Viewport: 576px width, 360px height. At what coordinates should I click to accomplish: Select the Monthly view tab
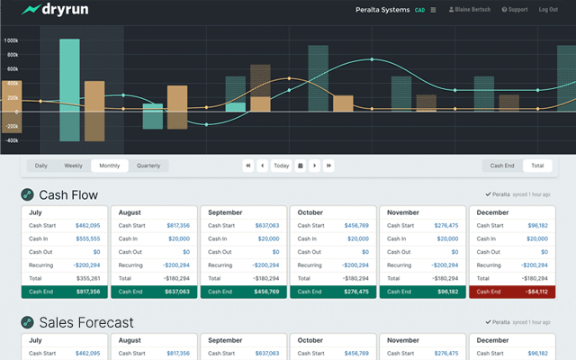109,166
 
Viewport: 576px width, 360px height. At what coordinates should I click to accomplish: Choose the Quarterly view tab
148,166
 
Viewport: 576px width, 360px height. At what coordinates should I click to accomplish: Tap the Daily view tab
41,166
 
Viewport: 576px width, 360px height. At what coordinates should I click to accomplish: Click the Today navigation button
282,166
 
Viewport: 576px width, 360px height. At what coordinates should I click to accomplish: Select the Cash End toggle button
501,166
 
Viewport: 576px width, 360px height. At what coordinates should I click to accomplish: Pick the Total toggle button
537,166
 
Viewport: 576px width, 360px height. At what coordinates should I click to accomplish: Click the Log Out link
547,10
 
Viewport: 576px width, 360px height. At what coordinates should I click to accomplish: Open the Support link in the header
515,10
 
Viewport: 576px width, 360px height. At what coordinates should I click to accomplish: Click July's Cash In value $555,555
87,238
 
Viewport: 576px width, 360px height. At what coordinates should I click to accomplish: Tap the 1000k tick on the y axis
12,40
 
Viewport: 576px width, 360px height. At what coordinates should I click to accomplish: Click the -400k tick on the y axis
12,140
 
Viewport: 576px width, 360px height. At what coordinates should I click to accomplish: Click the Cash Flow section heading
68,194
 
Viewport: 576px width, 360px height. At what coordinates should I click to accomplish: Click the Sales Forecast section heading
85,322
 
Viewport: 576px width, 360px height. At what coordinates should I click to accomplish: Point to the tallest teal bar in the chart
69,90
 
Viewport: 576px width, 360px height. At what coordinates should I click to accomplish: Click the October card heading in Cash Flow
311,212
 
